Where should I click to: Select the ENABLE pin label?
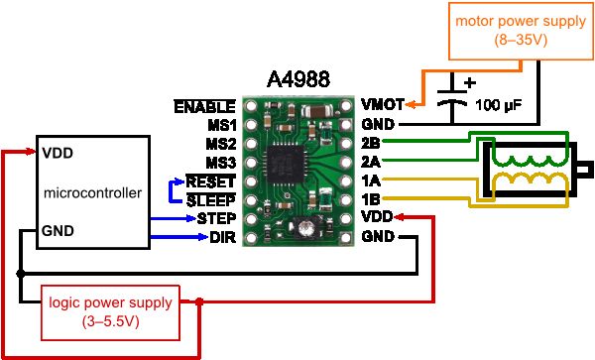(x=204, y=106)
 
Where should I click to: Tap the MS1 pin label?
(x=220, y=125)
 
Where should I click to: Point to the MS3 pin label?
(x=220, y=162)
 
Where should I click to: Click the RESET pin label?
(x=210, y=181)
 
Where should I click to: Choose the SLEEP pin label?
(x=211, y=199)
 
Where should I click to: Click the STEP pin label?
(x=215, y=218)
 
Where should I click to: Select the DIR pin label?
(x=222, y=237)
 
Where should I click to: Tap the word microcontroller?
(x=92, y=191)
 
